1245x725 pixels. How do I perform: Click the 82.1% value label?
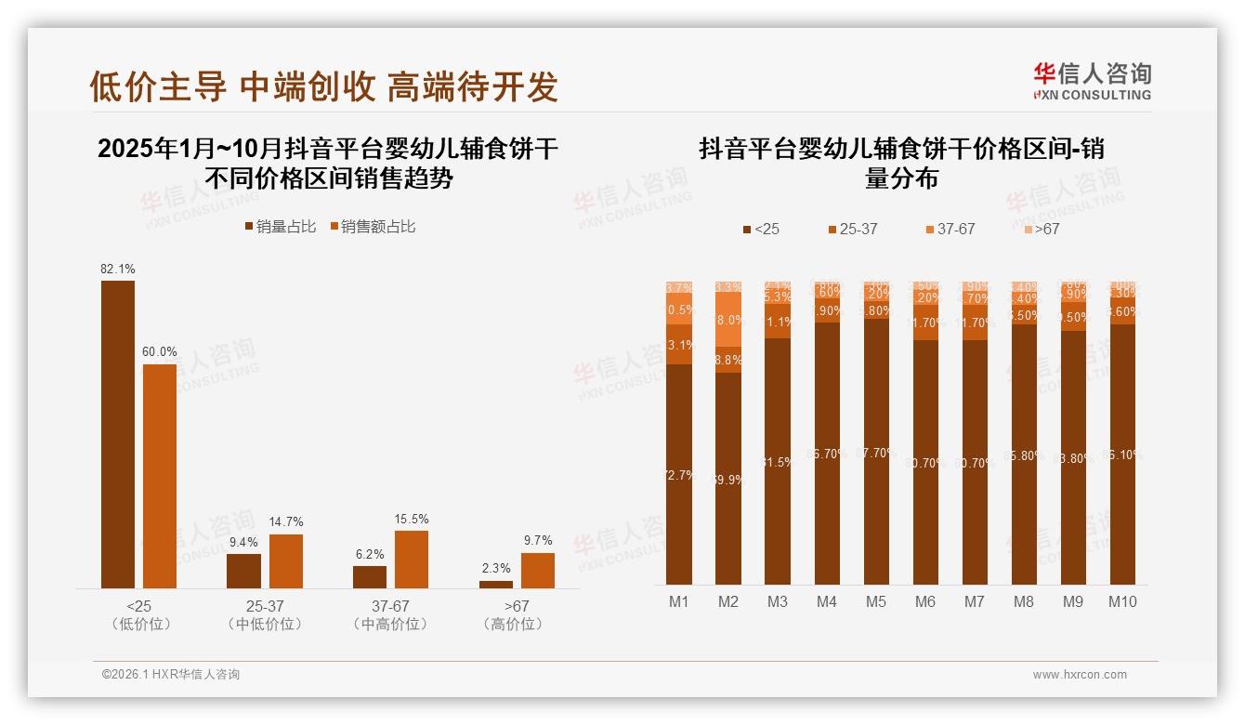[x=118, y=270]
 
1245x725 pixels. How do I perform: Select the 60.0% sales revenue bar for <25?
[x=159, y=476]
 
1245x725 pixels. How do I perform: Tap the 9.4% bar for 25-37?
[x=243, y=571]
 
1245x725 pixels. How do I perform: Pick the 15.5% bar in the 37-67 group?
[x=412, y=559]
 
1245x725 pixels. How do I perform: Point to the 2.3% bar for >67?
[x=496, y=584]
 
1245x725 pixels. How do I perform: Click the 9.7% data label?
[x=538, y=541]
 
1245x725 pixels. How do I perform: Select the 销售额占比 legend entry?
[x=372, y=227]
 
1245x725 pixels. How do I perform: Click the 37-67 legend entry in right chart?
[x=950, y=229]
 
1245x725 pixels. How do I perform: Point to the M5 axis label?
[x=876, y=601]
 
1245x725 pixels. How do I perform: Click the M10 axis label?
[x=1122, y=601]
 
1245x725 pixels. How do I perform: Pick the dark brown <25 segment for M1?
[x=679, y=474]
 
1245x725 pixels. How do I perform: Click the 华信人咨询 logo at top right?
[x=1093, y=81]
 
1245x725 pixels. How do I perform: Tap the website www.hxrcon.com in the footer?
[x=1080, y=675]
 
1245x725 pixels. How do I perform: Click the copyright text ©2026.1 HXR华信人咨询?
[x=171, y=675]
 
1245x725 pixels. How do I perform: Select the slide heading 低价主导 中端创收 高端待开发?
[x=323, y=86]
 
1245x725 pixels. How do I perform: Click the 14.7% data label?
[x=286, y=522]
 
